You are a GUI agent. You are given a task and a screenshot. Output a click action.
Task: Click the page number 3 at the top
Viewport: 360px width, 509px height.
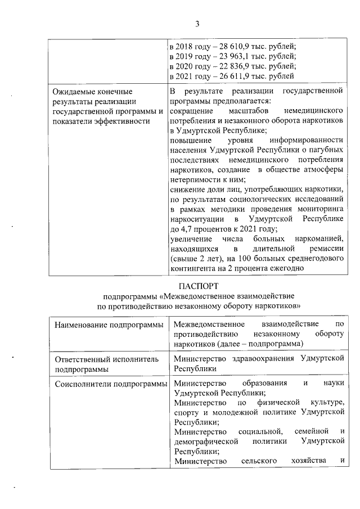click(x=197, y=23)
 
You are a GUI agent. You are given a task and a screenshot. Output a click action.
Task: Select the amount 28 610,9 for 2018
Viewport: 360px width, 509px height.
click(x=230, y=46)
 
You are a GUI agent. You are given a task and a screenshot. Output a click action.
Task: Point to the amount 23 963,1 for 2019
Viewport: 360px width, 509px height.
click(x=230, y=56)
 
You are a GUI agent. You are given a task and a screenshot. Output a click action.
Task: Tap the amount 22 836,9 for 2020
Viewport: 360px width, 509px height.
click(x=230, y=66)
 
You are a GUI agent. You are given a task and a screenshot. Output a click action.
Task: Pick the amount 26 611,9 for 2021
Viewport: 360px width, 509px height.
click(x=230, y=76)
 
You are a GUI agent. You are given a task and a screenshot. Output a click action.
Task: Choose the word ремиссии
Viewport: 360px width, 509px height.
click(x=322, y=249)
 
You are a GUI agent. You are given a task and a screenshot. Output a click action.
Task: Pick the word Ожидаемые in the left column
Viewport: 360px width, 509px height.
click(x=73, y=91)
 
